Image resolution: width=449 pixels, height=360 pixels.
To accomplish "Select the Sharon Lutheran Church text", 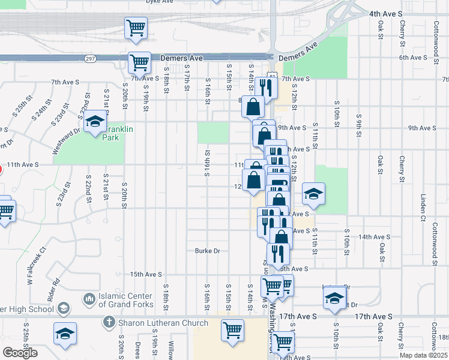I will (162, 323).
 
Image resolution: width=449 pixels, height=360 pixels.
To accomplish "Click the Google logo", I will (20, 353).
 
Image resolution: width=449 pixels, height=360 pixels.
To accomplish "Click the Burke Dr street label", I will (208, 251).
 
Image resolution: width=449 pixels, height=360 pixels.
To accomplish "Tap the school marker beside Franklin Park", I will (94, 123).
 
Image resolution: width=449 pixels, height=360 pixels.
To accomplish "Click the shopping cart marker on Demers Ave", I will (139, 62).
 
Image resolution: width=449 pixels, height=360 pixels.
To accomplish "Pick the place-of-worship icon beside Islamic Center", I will (89, 298).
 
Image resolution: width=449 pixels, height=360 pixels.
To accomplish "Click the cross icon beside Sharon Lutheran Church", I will (109, 323).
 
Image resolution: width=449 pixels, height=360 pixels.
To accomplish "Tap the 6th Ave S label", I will (413, 58).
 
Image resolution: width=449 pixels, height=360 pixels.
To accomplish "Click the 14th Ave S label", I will (375, 237).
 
